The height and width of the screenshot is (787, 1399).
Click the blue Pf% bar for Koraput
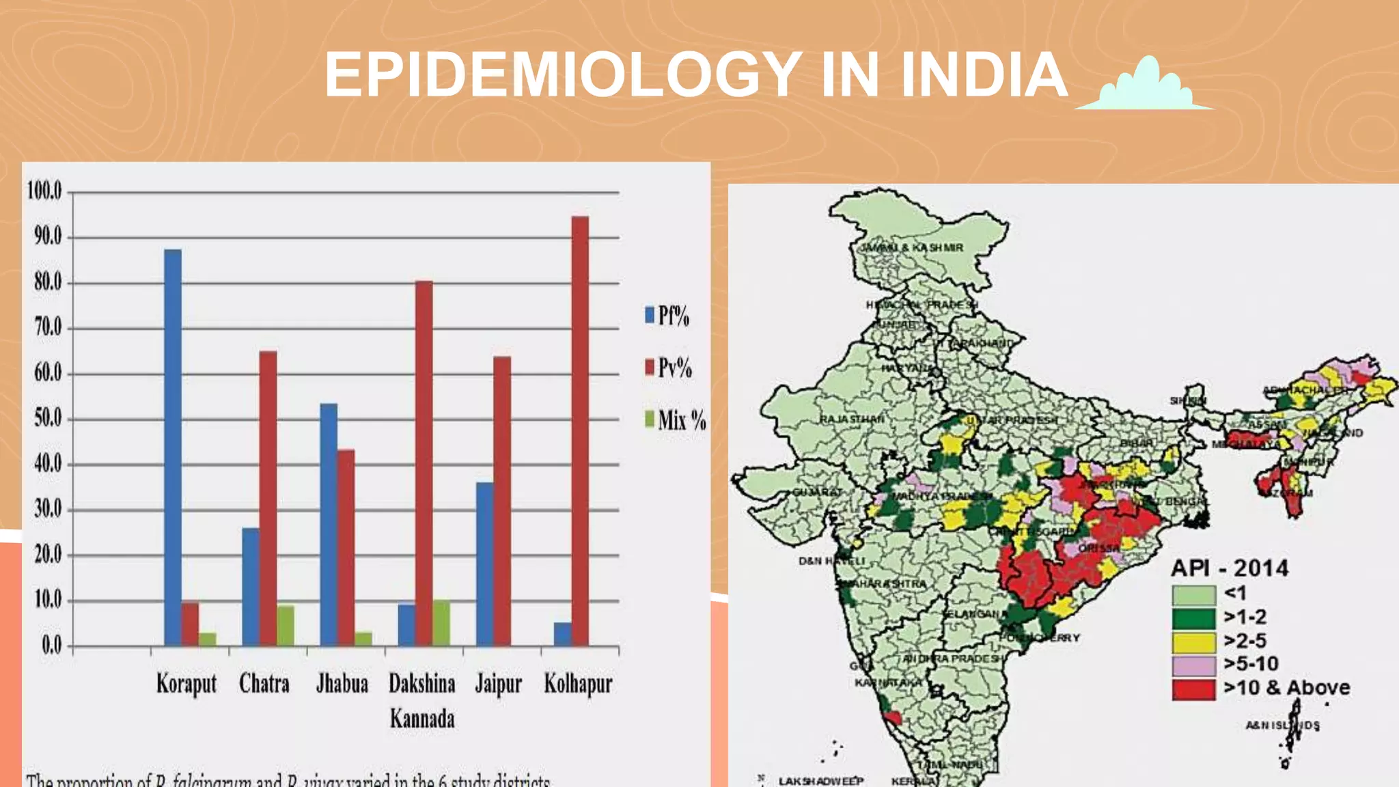(173, 447)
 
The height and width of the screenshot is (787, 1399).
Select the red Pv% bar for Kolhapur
(580, 430)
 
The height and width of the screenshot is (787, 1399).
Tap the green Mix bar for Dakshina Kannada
(441, 623)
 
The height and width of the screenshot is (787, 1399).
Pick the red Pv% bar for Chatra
(268, 498)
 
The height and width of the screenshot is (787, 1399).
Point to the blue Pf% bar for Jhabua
(329, 525)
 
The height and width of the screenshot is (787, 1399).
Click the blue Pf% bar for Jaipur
(484, 564)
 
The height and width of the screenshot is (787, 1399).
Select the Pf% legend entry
(667, 316)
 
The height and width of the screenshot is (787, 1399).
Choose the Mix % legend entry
(675, 419)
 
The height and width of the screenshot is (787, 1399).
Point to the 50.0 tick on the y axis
(48, 418)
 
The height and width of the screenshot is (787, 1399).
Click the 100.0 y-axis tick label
(44, 191)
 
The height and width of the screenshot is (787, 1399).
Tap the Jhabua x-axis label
(342, 683)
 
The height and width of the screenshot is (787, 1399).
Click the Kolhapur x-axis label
(578, 683)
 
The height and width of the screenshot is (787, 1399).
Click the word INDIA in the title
(984, 74)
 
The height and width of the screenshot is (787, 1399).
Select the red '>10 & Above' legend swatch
(1193, 689)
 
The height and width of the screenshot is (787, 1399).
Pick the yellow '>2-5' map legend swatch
(1193, 641)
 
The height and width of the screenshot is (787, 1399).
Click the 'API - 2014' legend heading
(1230, 568)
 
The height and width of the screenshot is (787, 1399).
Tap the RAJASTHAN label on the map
(851, 419)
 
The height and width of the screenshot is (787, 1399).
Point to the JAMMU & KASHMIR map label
(911, 247)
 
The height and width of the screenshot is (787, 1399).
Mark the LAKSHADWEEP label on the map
(821, 781)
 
